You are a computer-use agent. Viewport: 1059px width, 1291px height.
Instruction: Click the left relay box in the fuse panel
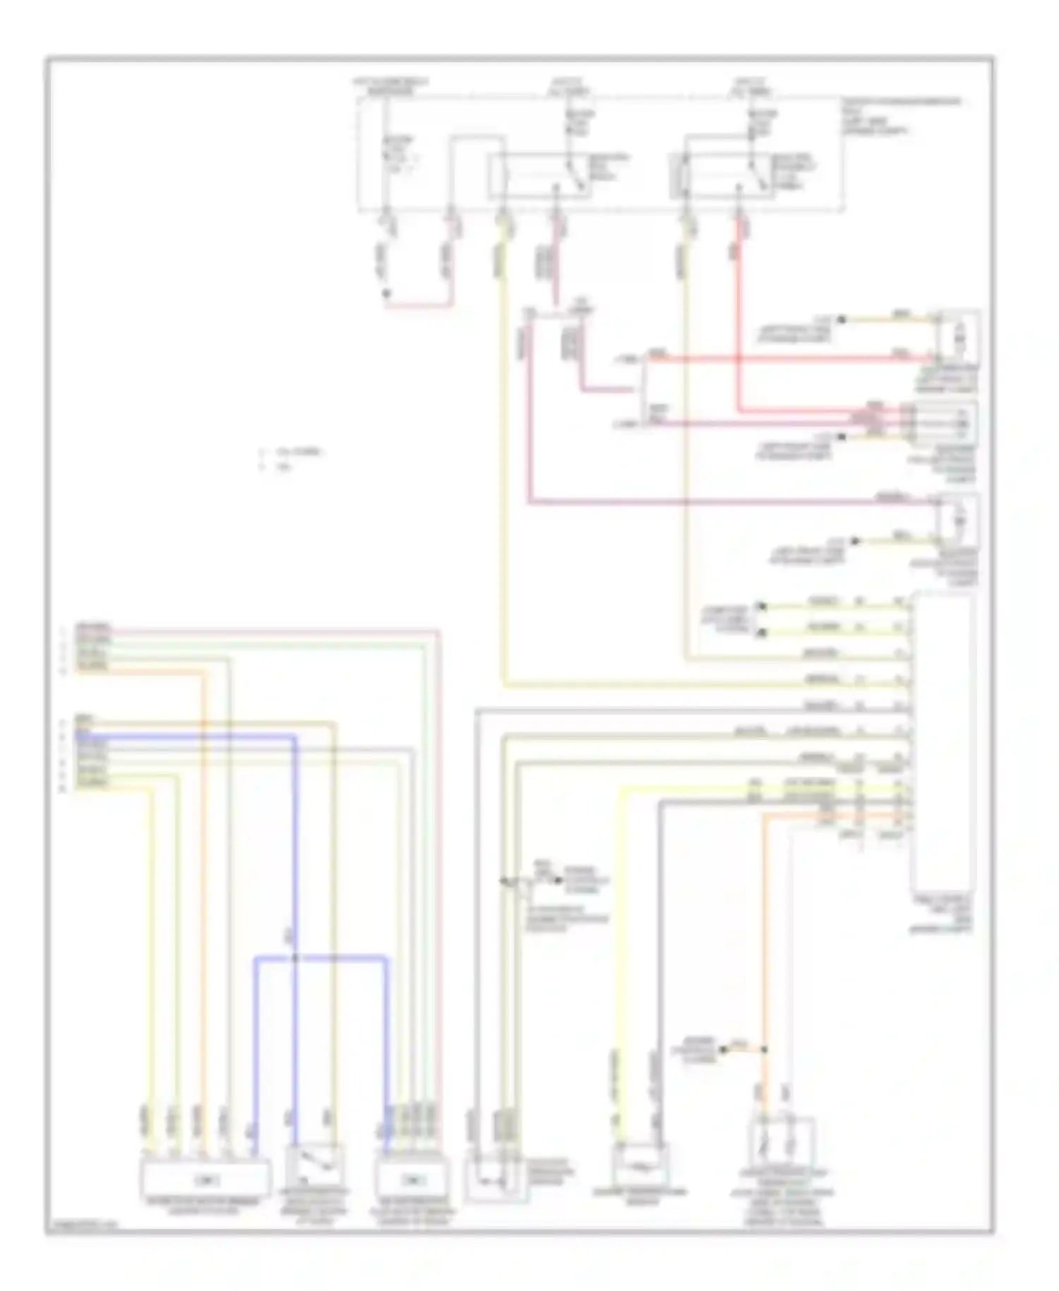540,174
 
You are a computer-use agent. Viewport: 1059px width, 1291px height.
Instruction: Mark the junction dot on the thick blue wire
295,958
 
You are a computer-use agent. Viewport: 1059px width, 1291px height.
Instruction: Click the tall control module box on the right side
944,742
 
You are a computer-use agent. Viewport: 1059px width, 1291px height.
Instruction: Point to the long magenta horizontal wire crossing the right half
706,503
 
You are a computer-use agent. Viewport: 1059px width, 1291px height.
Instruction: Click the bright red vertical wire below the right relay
739,318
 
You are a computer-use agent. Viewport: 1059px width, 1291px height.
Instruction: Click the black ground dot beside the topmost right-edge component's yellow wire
841,320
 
